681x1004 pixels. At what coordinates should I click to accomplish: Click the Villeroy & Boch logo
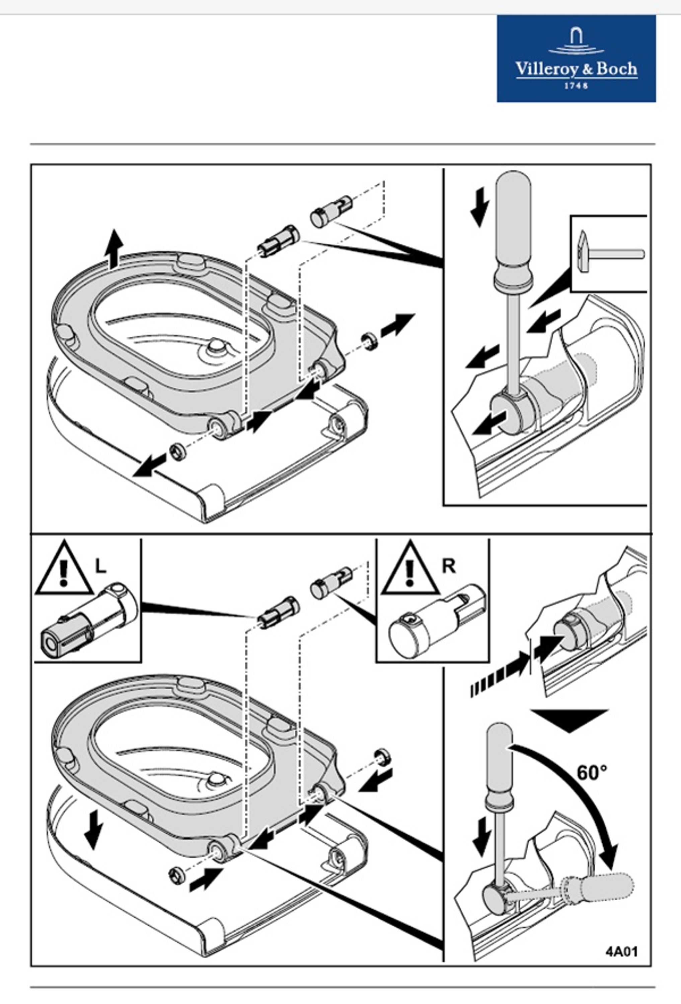click(576, 59)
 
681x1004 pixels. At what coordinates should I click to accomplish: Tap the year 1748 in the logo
click(576, 86)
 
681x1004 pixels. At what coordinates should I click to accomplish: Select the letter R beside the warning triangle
click(449, 566)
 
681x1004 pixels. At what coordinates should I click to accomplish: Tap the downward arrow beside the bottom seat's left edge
click(94, 829)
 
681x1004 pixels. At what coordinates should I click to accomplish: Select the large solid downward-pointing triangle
click(570, 721)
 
